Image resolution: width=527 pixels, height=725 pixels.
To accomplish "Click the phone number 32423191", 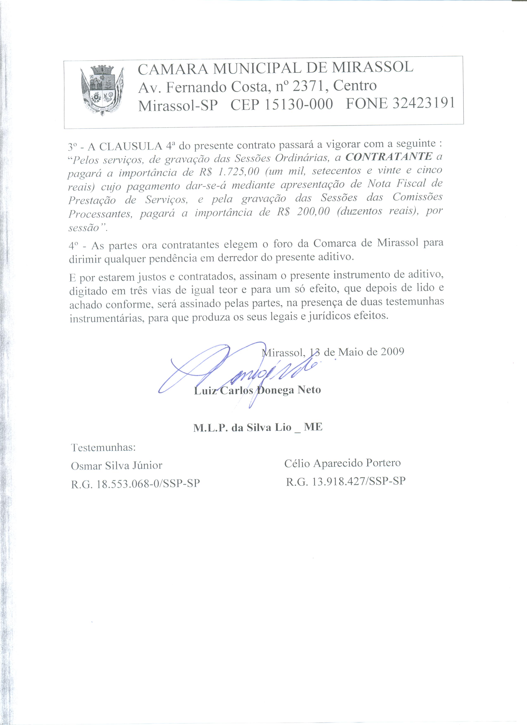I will (x=423, y=103).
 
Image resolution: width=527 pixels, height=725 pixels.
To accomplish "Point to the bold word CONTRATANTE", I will (x=389, y=157).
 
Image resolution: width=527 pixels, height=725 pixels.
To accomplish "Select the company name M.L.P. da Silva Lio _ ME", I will (x=258, y=427).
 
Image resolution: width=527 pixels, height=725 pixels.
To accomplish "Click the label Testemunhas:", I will (x=103, y=447).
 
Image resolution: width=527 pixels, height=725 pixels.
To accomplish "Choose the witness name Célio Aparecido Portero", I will (x=342, y=463).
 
